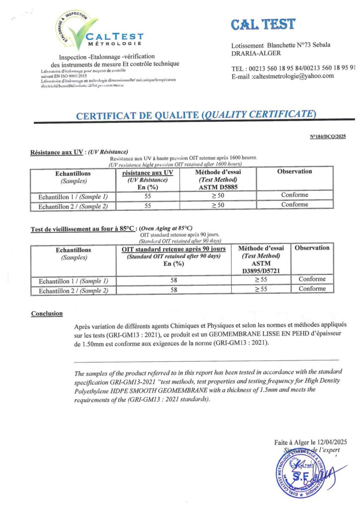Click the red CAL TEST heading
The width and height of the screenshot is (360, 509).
263,24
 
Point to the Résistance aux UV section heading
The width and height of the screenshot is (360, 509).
56,152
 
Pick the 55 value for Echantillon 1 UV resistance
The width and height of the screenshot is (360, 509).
147,195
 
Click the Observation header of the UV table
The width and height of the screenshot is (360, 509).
294,171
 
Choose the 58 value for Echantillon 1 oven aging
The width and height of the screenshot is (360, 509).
174,280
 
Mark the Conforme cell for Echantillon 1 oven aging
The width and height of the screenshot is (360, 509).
312,279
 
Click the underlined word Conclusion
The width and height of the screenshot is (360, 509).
47,314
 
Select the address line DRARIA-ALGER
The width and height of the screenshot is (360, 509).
256,53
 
